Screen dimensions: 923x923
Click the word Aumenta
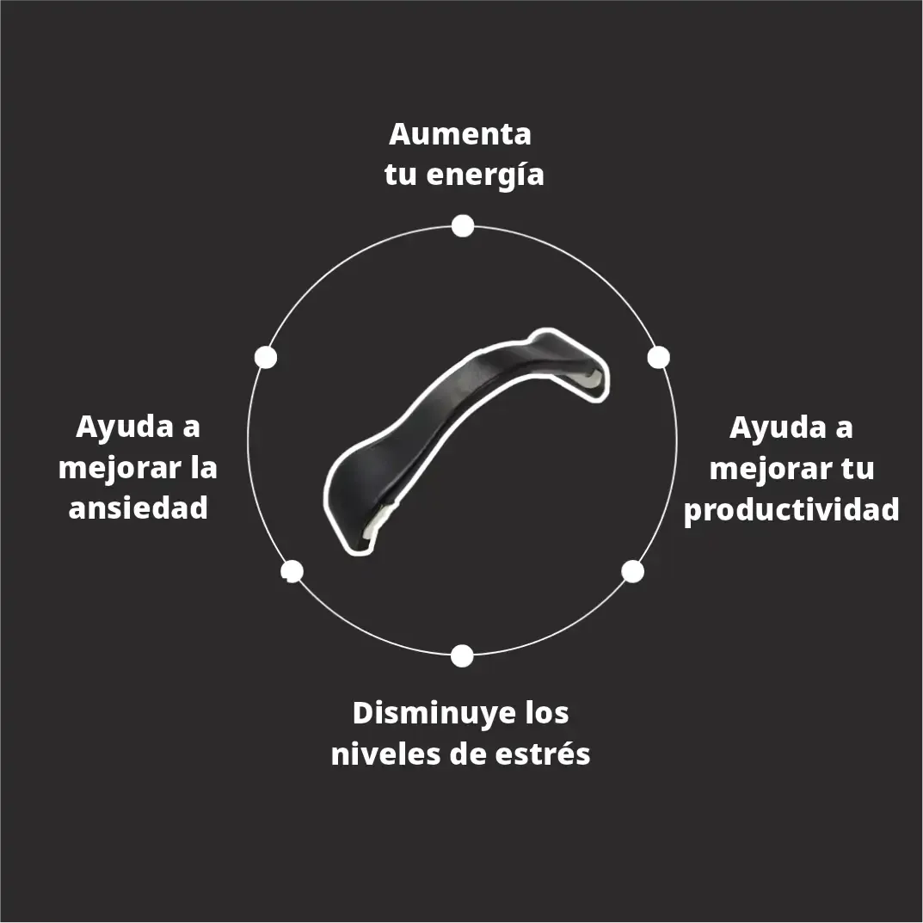point(459,134)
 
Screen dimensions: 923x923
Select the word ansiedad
point(138,508)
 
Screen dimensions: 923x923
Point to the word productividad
point(791,510)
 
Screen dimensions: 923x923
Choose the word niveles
point(385,754)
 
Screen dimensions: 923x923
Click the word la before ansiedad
point(204,467)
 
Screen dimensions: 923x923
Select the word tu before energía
point(400,175)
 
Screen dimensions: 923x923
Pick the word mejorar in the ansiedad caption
point(120,470)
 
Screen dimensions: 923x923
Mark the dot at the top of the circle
point(463,225)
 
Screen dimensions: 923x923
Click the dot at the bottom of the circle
point(462,655)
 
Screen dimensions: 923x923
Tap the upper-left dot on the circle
point(266,357)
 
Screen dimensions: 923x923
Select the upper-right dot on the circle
point(659,357)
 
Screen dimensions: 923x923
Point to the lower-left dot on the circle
point(292,571)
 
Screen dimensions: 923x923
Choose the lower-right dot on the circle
point(633,571)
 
